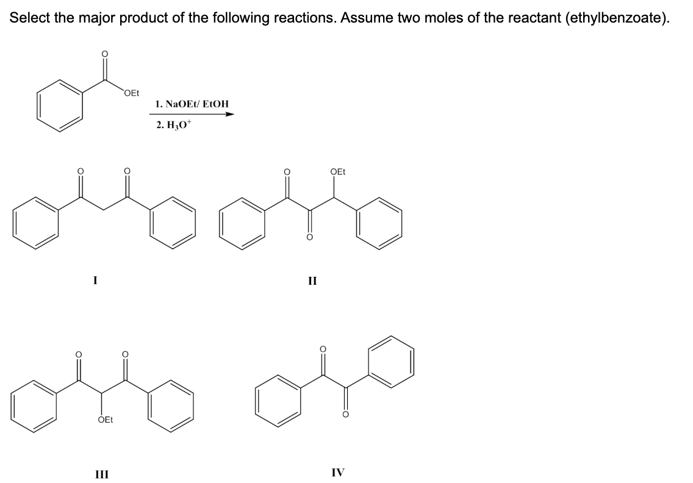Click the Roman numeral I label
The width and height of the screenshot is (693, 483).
click(x=95, y=280)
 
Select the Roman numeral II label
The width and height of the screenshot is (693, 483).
click(x=312, y=281)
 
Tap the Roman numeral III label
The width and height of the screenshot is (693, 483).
click(x=102, y=474)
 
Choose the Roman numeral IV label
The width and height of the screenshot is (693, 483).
click(x=338, y=473)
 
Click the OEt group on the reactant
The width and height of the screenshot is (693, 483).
click(x=131, y=93)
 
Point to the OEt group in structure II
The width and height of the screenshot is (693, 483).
click(x=338, y=171)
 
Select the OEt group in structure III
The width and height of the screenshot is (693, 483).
click(x=105, y=420)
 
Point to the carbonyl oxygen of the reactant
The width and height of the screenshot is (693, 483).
click(x=105, y=54)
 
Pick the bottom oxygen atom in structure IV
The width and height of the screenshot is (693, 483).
click(x=346, y=415)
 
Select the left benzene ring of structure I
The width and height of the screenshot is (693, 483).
click(x=36, y=222)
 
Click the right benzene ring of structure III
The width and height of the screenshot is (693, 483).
click(x=171, y=405)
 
